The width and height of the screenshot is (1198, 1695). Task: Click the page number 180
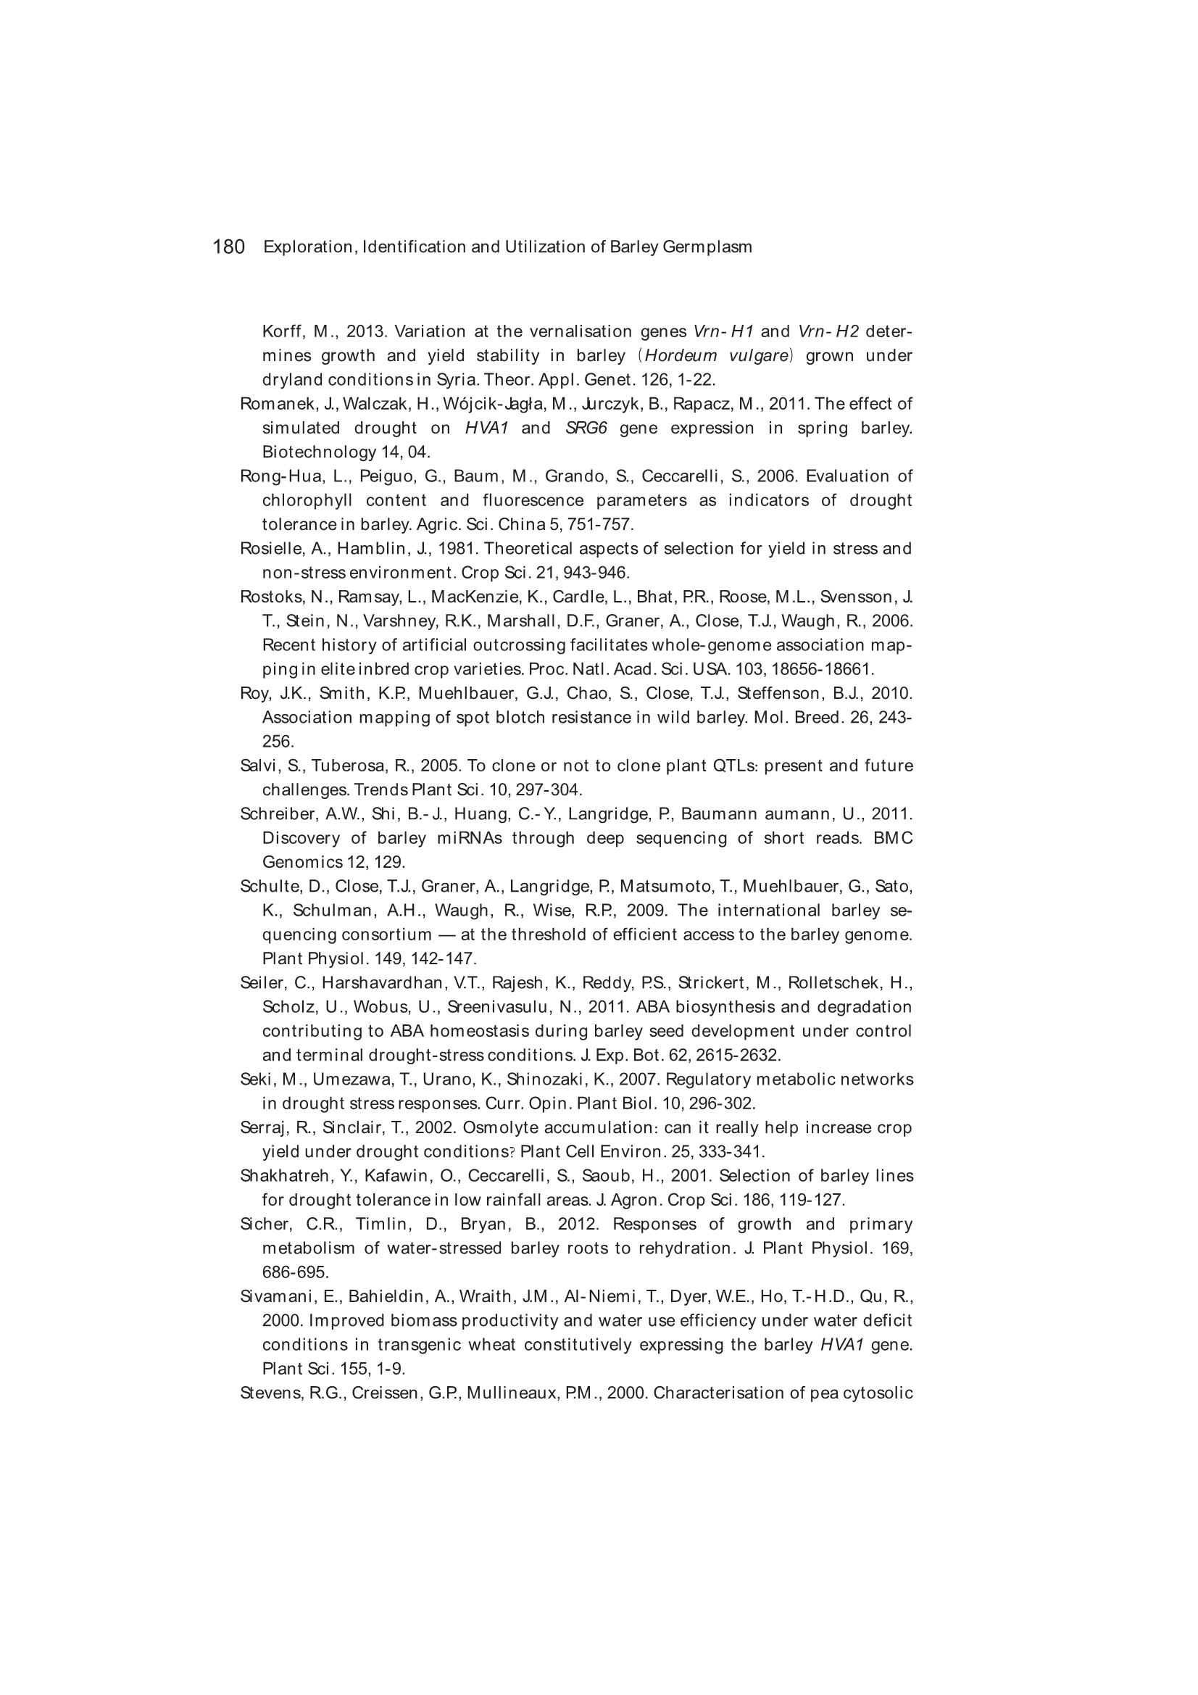(228, 246)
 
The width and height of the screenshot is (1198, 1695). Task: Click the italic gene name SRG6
(586, 428)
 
